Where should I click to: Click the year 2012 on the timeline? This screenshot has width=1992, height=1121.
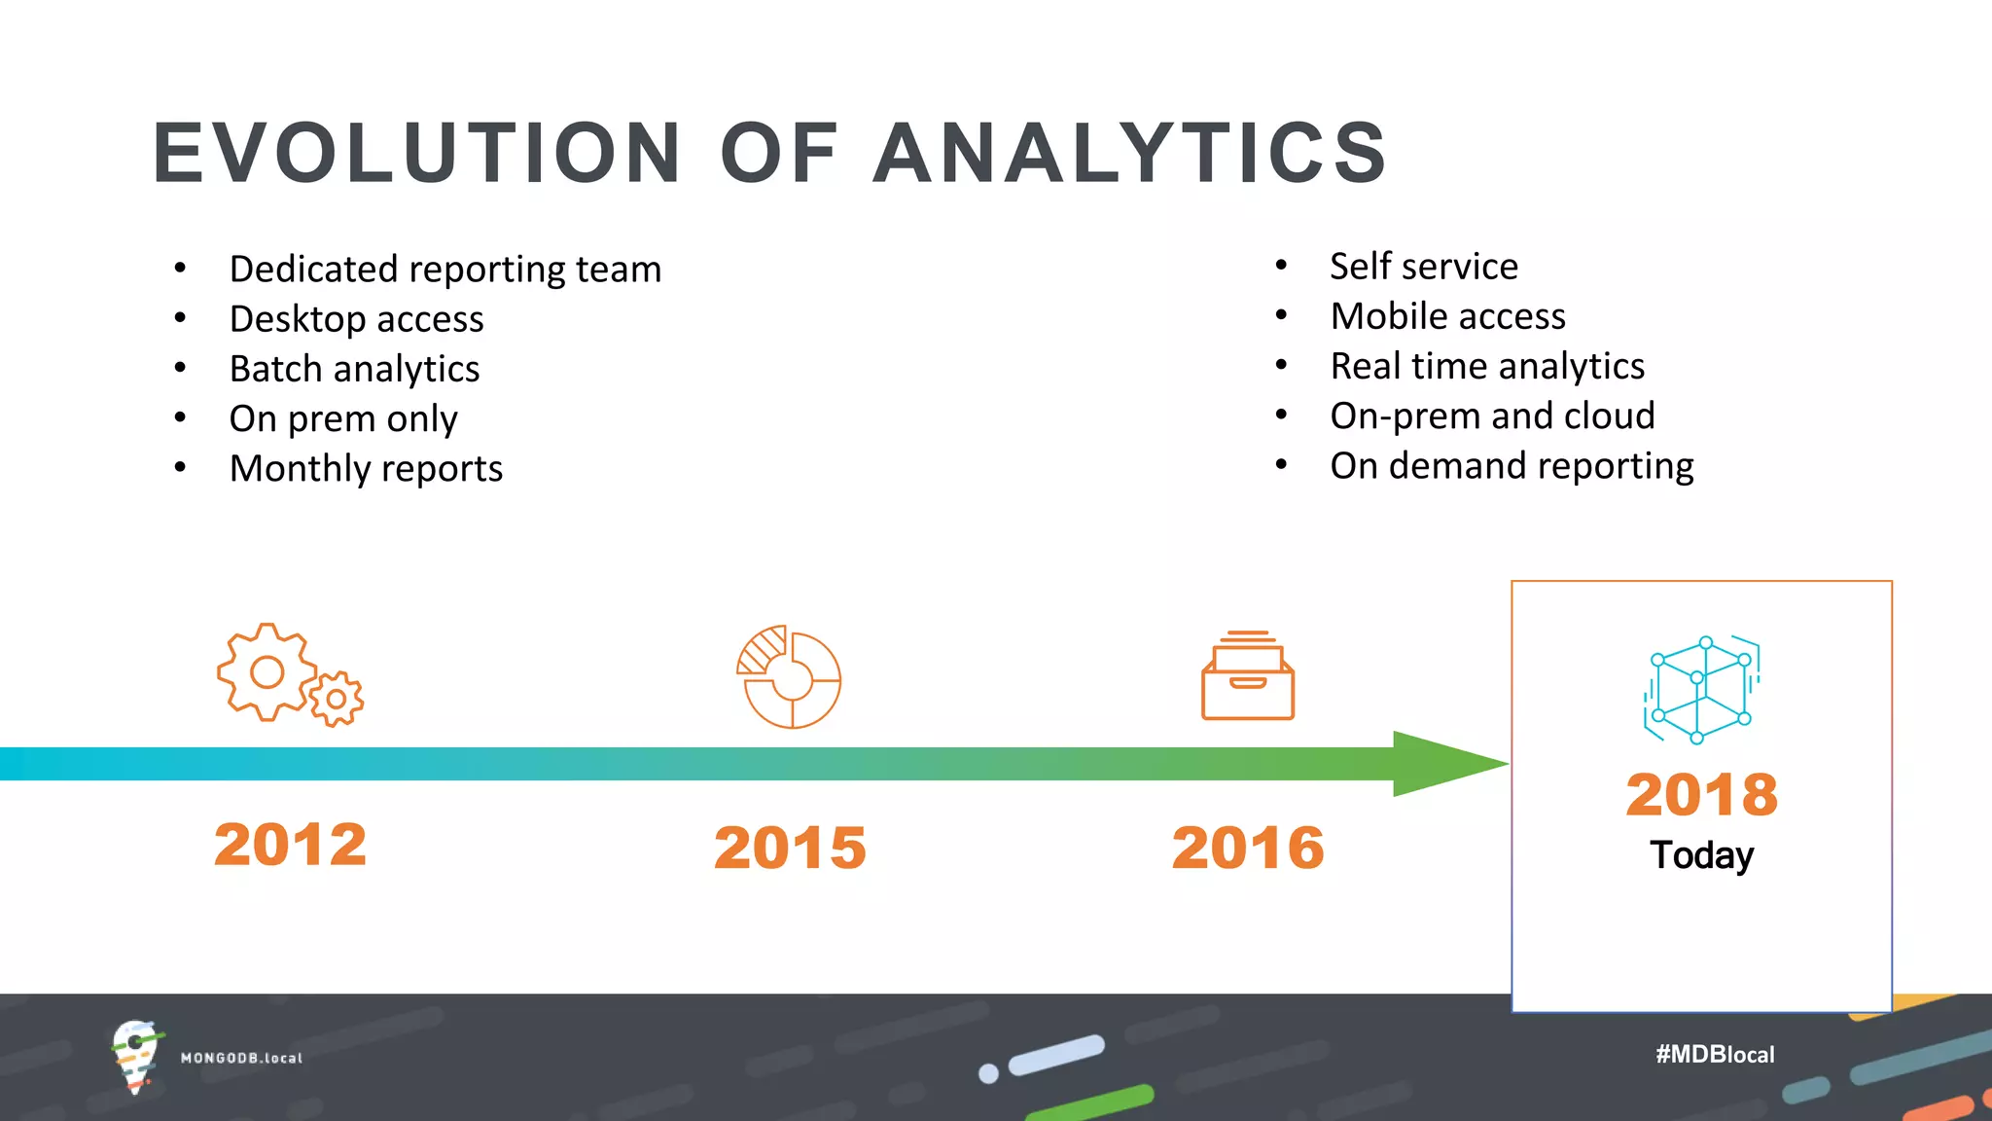pos(290,844)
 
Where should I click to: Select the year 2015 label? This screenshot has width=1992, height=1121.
pos(790,847)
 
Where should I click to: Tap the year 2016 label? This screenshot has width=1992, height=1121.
pos(1248,847)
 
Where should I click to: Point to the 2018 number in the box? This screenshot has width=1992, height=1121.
pos(1701,794)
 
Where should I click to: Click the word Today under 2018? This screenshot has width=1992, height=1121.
pos(1701,855)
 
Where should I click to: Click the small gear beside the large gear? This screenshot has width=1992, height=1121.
pos(337,699)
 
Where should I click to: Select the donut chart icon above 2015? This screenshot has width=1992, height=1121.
pos(789,678)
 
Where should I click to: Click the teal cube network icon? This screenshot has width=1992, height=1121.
pos(1701,689)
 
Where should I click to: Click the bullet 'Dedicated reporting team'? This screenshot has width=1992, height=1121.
pos(445,270)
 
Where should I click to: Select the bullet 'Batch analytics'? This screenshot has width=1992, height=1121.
pos(354,369)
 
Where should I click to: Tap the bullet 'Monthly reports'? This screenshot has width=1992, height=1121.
pos(366,469)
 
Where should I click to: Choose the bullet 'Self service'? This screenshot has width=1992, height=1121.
pos(1423,267)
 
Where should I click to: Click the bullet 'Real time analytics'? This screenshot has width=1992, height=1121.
pos(1486,367)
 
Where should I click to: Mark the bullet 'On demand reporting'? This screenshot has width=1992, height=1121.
pos(1511,466)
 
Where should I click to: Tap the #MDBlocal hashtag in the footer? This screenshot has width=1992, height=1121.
pos(1714,1054)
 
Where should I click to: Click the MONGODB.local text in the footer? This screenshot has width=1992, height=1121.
pos(241,1058)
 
